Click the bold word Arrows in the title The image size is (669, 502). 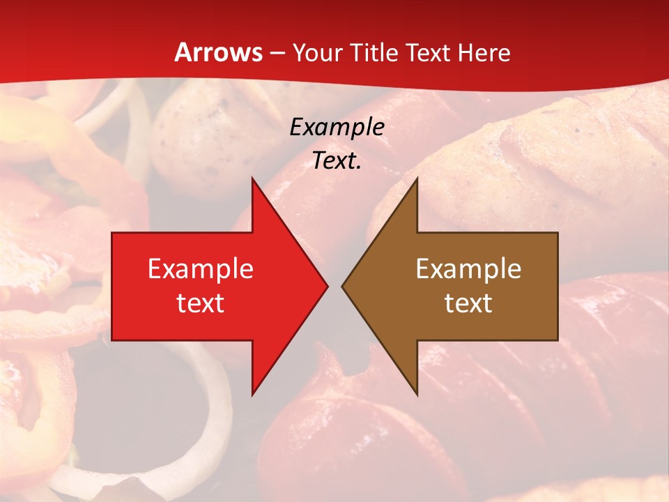click(219, 53)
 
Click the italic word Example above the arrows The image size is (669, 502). click(337, 127)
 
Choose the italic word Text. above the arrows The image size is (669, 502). click(337, 161)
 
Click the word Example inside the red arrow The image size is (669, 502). click(201, 269)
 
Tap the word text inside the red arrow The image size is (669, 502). click(201, 303)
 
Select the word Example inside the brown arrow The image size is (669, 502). click(468, 269)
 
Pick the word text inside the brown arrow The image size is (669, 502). click(468, 303)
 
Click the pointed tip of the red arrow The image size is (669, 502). click(328, 286)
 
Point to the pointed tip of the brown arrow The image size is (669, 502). click(342, 286)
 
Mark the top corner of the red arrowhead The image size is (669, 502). click(252, 178)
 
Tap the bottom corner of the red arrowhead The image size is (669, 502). click(252, 395)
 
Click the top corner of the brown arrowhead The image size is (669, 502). click(417, 178)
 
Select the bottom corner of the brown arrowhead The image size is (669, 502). click(417, 395)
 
